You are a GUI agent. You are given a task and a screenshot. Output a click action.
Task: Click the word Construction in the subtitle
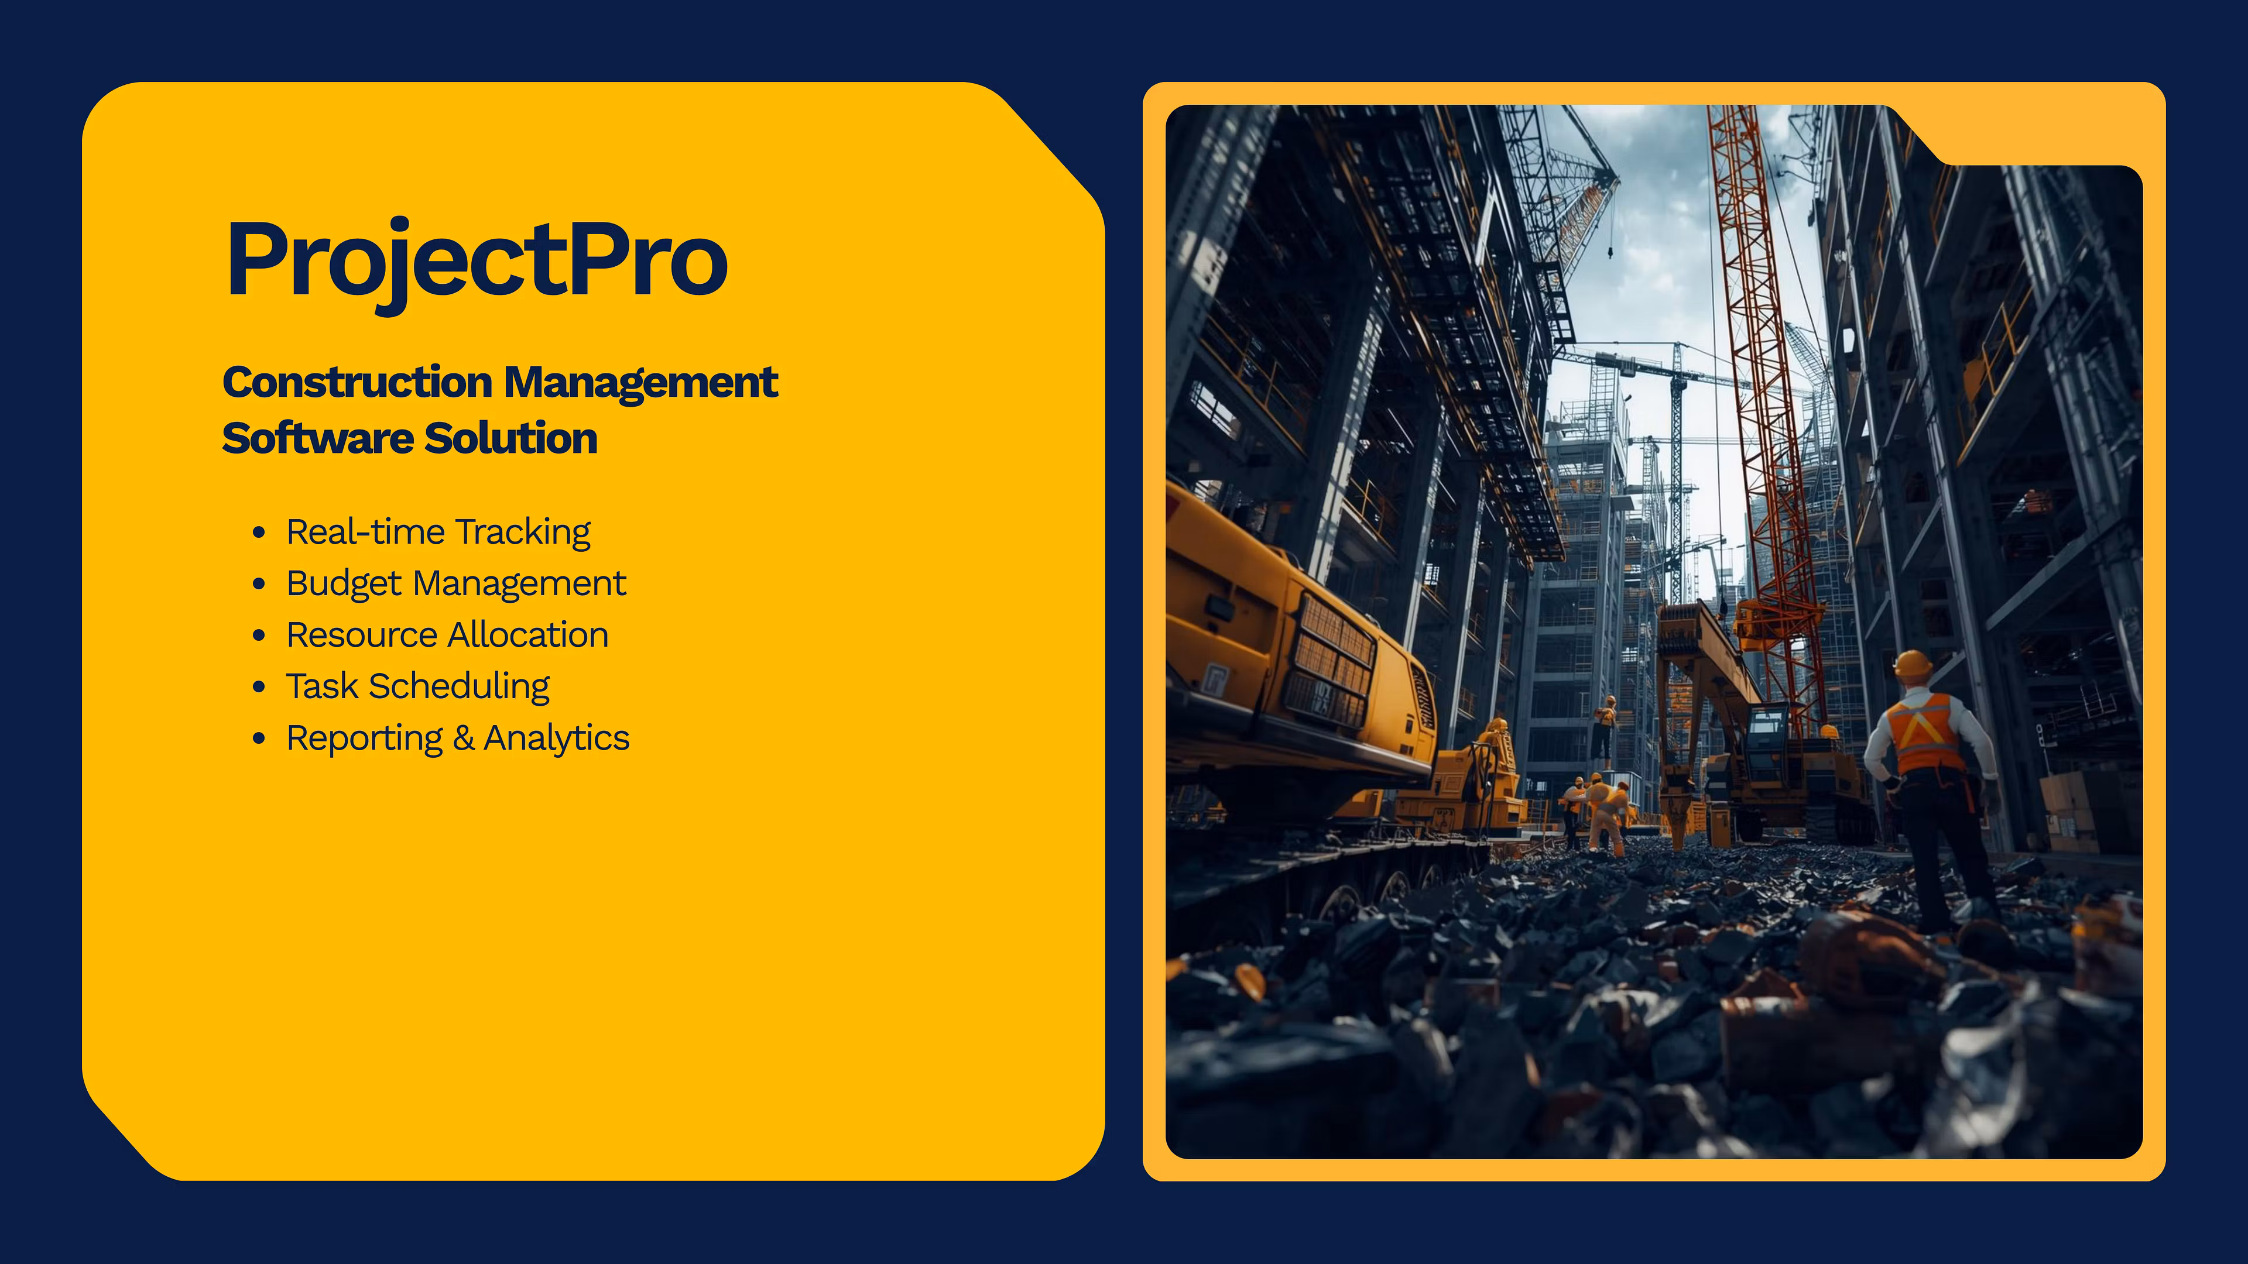point(358,383)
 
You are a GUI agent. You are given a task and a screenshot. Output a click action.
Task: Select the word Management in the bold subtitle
point(640,383)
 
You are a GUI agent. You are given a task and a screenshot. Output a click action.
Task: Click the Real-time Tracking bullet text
point(438,532)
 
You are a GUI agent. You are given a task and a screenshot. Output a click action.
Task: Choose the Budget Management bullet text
point(455,583)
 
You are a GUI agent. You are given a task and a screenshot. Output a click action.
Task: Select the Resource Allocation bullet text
point(447,635)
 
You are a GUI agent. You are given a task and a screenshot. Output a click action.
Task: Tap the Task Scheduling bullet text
point(417,686)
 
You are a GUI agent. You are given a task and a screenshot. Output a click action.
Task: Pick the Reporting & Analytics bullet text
point(457,738)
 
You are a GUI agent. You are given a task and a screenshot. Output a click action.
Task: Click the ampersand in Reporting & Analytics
point(464,738)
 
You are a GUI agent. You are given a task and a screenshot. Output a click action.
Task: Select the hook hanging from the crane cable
point(1610,253)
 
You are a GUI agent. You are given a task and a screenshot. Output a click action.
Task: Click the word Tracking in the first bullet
point(523,532)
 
